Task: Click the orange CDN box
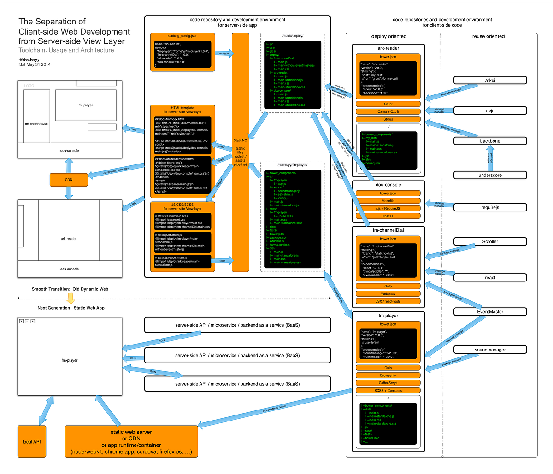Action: pyautogui.click(x=69, y=179)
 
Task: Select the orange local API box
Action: pyautogui.click(x=32, y=441)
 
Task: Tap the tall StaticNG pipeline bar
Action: pyautogui.click(x=240, y=152)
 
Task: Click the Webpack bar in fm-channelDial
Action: pyautogui.click(x=388, y=293)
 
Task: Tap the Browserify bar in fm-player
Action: pyautogui.click(x=388, y=375)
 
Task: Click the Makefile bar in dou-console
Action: pyautogui.click(x=388, y=201)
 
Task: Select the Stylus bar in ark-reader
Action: pyautogui.click(x=388, y=119)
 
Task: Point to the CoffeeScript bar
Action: pyautogui.click(x=388, y=383)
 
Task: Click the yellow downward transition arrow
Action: pyautogui.click(x=70, y=298)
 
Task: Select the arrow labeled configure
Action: pyautogui.click(x=224, y=53)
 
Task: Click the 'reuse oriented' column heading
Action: pyautogui.click(x=488, y=36)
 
